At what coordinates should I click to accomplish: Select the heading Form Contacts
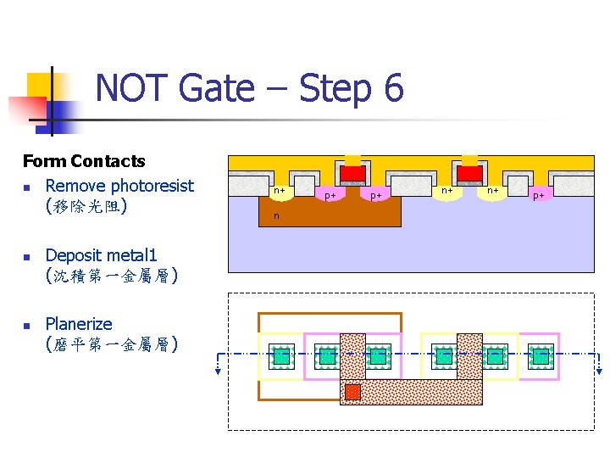84,161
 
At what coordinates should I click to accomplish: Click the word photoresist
152,185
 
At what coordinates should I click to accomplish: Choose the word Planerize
79,323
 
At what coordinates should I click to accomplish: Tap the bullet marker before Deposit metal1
28,256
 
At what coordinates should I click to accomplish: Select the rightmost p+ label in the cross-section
538,196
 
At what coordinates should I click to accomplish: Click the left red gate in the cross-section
352,174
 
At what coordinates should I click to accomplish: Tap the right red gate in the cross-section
469,174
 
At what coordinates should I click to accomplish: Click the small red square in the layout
352,392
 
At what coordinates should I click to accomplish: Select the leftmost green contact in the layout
280,355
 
